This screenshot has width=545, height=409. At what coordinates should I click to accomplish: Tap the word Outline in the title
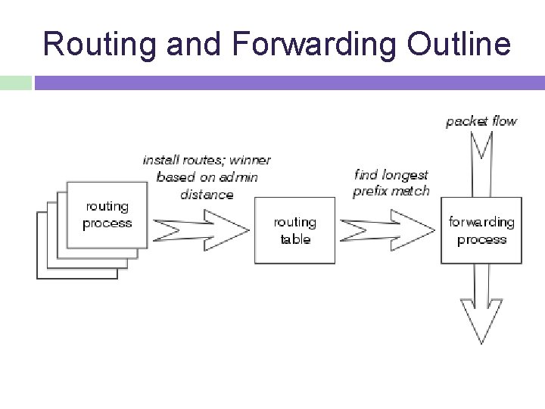coord(458,44)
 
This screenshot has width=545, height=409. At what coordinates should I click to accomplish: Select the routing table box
coord(294,230)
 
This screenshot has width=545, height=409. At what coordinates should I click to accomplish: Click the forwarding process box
coord(481,230)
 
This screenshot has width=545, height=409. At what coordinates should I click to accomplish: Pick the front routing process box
coord(107,214)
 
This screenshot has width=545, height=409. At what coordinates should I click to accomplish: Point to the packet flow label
coord(481,121)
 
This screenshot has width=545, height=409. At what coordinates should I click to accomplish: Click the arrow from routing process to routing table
coord(201,226)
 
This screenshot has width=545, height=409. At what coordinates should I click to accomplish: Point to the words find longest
coord(391,175)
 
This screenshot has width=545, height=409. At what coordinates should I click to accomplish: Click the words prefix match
coord(391,191)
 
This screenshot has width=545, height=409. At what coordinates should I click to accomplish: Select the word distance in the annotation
coord(207,194)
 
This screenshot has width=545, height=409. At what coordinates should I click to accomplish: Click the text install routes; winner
coord(207,160)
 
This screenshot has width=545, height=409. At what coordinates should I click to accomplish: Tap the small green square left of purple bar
coord(15,83)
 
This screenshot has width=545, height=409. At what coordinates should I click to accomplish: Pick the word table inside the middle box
coord(295,239)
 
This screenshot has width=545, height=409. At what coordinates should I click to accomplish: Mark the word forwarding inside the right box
coord(481,222)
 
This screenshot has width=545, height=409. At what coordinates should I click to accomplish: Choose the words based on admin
coord(207,177)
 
